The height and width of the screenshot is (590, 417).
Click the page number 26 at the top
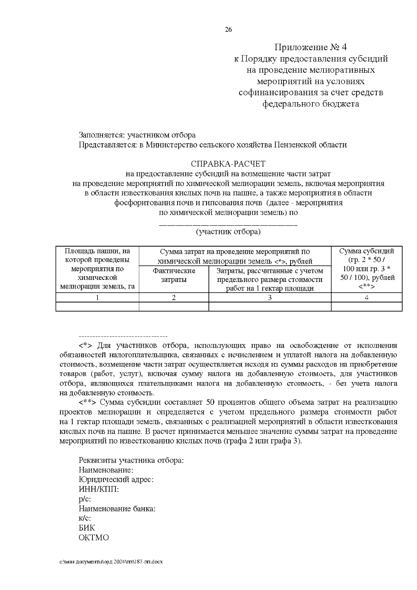[x=228, y=30]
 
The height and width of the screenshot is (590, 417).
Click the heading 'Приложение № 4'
[x=311, y=47]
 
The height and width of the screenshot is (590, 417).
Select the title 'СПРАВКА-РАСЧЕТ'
[x=228, y=163]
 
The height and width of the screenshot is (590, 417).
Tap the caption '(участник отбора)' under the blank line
[x=228, y=232]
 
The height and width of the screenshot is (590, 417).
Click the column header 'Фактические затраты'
[x=174, y=275]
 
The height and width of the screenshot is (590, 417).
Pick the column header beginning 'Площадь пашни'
[x=97, y=269]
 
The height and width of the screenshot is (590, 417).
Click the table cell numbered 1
[x=97, y=298]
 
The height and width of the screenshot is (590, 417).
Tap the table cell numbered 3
[x=270, y=298]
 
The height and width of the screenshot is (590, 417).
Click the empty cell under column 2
[x=174, y=306]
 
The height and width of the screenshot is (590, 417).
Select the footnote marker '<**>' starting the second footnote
[x=88, y=403]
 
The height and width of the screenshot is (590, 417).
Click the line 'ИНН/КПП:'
[x=99, y=490]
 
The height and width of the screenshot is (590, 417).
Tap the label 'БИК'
[x=87, y=528]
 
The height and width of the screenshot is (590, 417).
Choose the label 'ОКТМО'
[x=94, y=538]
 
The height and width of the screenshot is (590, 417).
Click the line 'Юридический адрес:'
[x=116, y=480]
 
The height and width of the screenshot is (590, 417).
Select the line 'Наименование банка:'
[x=117, y=509]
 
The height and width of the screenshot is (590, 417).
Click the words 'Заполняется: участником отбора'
[x=137, y=135]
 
